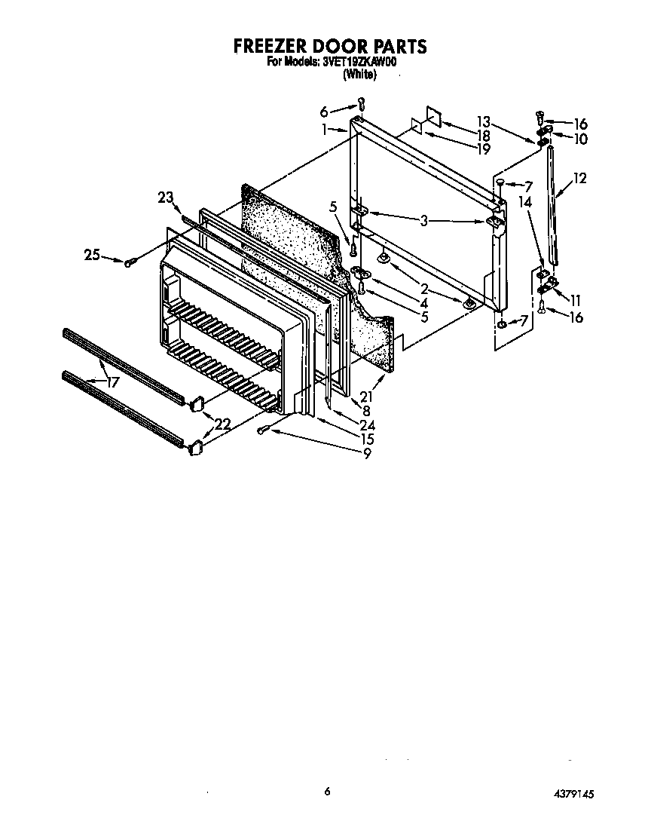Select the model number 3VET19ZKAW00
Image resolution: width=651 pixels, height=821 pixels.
[x=359, y=63]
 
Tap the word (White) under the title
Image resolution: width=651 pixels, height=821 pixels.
[x=359, y=75]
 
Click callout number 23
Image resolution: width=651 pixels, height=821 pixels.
[x=165, y=198]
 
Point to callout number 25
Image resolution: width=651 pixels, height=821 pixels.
[x=92, y=256]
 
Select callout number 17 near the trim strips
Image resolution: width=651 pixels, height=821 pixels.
[x=112, y=382]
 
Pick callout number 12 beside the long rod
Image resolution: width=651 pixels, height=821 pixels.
[x=579, y=179]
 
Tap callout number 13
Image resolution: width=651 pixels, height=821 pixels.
[x=483, y=121]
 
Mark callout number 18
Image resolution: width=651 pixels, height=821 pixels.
[x=483, y=135]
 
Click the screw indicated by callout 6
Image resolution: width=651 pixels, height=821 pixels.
[x=361, y=103]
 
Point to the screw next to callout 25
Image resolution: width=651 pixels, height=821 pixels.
[x=130, y=261]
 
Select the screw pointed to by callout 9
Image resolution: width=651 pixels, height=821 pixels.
[x=261, y=430]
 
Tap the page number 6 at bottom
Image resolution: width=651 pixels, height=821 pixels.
[x=327, y=791]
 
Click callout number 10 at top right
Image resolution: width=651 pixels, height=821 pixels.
[x=580, y=139]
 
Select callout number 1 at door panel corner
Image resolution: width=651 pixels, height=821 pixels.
[x=324, y=129]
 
